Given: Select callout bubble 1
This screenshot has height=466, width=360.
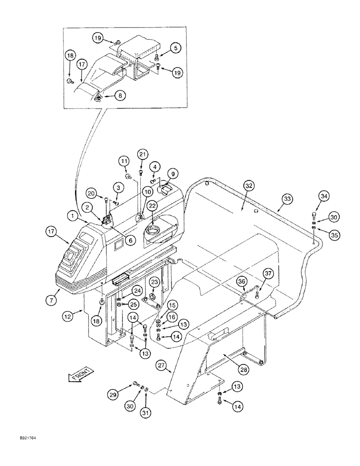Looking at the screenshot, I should (72, 216).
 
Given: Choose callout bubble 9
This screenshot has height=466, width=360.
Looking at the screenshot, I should (173, 174).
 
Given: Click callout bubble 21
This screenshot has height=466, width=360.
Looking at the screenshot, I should (142, 154).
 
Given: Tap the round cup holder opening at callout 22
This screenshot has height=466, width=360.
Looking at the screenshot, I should (153, 229).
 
